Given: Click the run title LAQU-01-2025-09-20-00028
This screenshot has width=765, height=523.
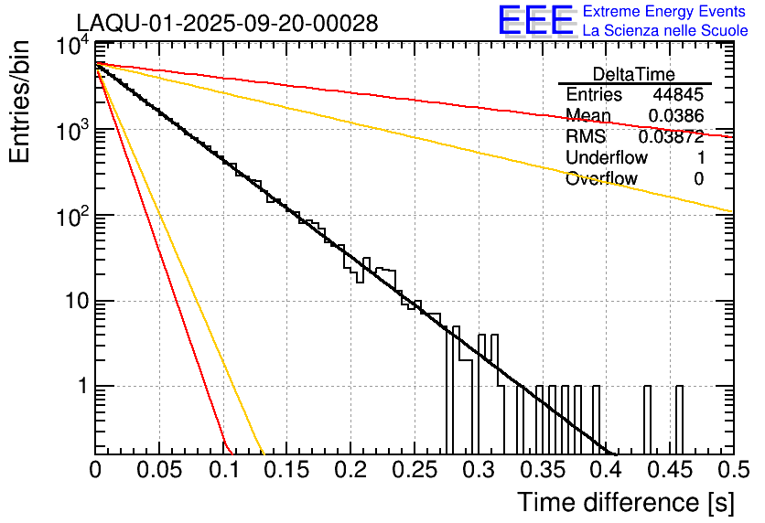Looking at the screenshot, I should tap(227, 24).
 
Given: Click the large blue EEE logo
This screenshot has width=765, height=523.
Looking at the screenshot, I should tap(535, 22).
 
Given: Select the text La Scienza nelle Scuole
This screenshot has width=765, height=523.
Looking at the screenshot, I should tap(665, 31).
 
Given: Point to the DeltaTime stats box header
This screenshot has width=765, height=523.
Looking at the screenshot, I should tap(634, 74).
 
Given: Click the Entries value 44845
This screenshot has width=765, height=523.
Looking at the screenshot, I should tap(677, 95).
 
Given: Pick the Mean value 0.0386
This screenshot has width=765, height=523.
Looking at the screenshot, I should tap(675, 115).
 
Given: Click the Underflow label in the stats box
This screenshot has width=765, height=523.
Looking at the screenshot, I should tap(607, 157).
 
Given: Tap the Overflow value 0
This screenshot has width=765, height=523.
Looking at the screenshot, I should tap(698, 178).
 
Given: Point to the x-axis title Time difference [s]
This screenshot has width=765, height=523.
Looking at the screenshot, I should tap(624, 502).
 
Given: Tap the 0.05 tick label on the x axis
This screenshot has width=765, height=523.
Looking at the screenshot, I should tap(159, 470).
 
